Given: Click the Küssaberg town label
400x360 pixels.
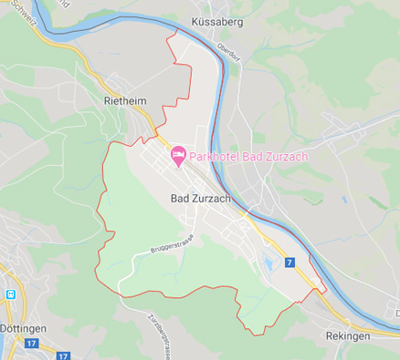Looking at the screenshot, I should (x=216, y=21).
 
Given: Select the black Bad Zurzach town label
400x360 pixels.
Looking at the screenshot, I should (x=200, y=198).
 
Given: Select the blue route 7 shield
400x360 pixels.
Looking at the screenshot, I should (x=289, y=262).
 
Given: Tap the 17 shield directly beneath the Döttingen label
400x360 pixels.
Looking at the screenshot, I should (x=31, y=343).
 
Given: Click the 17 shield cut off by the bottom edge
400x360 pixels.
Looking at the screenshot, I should (x=63, y=355).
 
